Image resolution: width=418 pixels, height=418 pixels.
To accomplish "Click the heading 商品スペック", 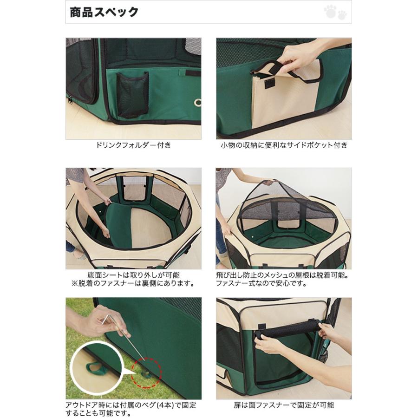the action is tap(104, 12).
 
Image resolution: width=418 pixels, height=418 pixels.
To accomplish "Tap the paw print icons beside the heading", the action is tap(335, 13).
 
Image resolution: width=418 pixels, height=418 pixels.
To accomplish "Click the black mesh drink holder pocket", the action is tap(132, 95).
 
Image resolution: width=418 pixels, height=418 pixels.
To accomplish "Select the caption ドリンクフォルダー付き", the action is tap(133, 145).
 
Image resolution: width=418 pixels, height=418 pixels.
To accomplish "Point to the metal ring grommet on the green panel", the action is tap(198, 102).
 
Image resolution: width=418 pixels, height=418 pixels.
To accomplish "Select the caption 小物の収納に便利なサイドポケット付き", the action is tap(284, 145).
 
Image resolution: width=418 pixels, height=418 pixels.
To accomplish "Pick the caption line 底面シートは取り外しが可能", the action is tap(133, 275).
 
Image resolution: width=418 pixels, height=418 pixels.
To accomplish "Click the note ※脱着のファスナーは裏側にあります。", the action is tap(133, 283).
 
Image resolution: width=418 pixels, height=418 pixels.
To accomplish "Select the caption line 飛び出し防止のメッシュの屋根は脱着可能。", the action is tap(282, 275).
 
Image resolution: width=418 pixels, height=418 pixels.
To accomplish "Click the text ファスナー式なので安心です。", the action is tap(261, 283).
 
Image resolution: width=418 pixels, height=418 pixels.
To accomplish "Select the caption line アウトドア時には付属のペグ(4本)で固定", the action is tap(131, 405).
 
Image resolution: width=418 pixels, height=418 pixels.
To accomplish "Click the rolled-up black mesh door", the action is tap(287, 329).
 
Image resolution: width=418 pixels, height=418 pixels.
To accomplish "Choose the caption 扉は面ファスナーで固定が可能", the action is tap(284, 405).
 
